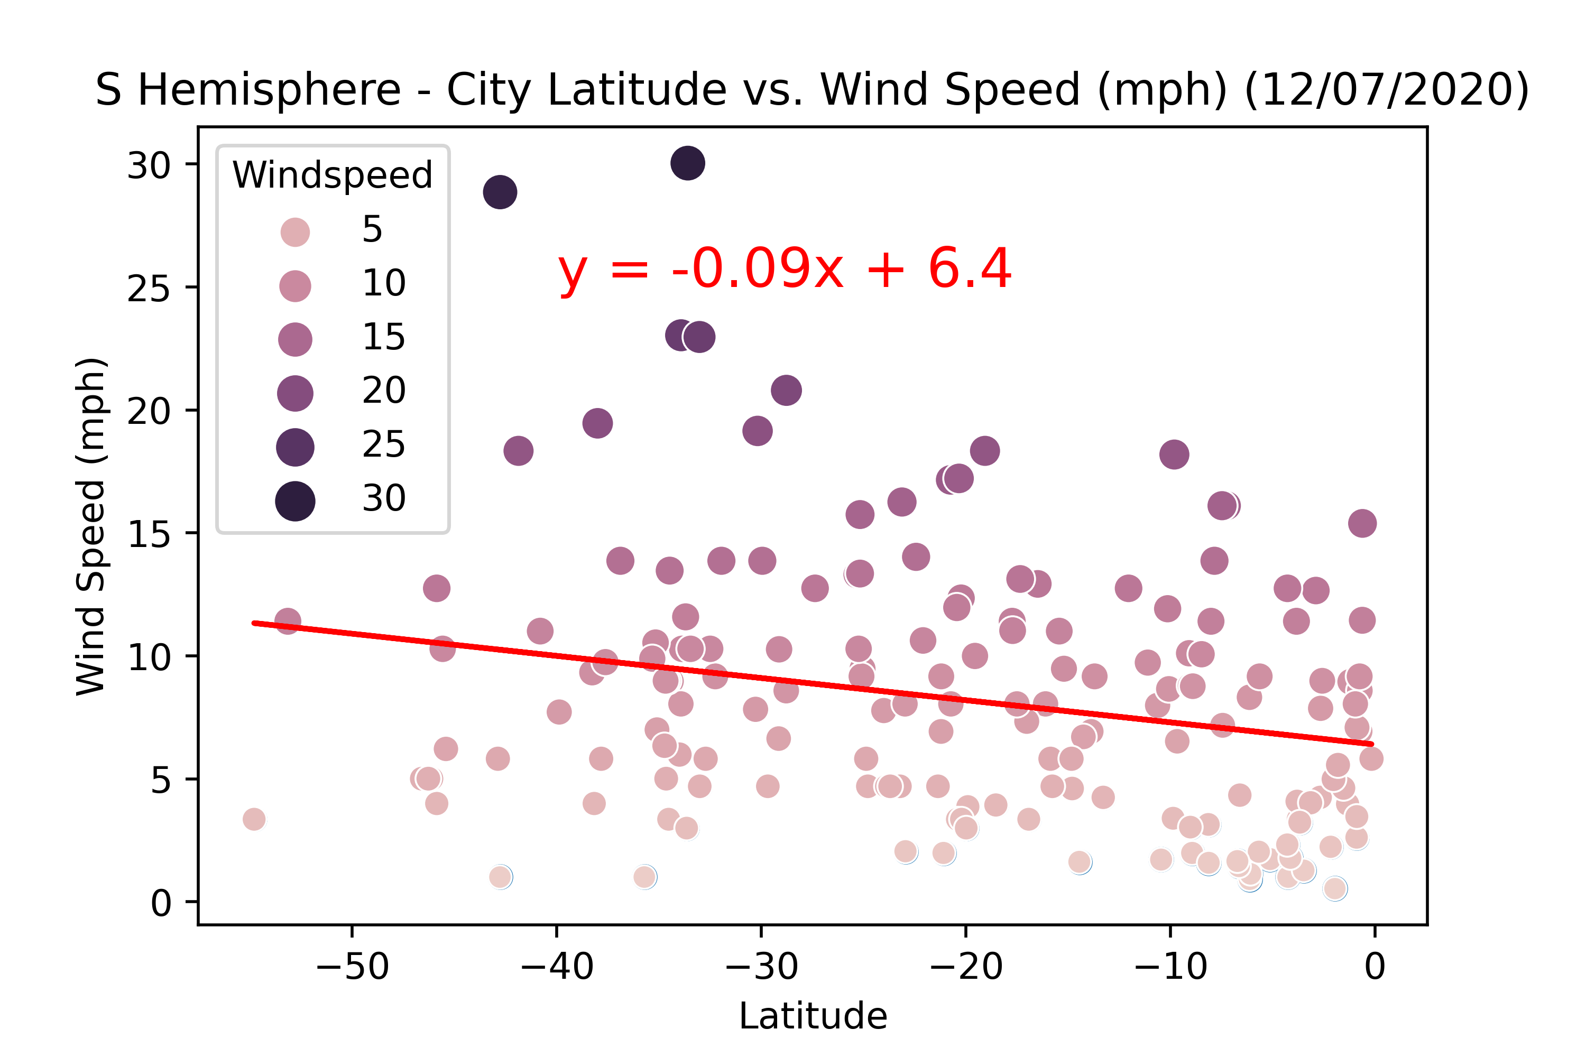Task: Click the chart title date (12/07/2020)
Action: (1386, 90)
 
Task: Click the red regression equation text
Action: (784, 269)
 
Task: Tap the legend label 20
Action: (384, 391)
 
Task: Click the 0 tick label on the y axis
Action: (161, 903)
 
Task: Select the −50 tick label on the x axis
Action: (352, 967)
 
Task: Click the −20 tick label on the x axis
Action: (966, 967)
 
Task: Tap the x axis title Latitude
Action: (813, 1016)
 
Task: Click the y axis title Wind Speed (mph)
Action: (91, 526)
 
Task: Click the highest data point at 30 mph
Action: (688, 163)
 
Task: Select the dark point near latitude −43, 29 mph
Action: (500, 192)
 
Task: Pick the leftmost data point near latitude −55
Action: (254, 819)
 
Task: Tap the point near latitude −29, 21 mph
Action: (786, 391)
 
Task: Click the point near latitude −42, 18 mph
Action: (518, 450)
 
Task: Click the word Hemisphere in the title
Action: (269, 90)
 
